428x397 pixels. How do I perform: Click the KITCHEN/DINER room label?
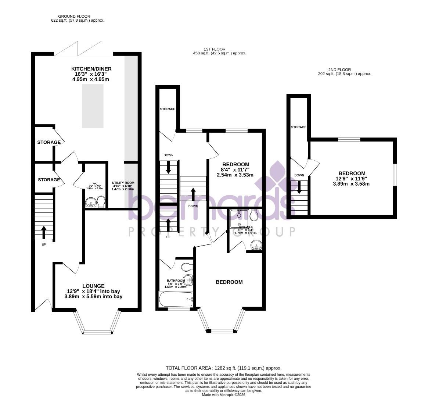coord(91,69)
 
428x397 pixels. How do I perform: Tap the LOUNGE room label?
coord(93,286)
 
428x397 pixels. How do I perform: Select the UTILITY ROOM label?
coord(123,183)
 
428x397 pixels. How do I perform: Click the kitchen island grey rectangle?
coord(93,106)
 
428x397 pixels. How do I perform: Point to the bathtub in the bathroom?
coord(176,299)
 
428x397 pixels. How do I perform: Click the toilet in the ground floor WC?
coord(101,201)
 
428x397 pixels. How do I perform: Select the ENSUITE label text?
coord(246,227)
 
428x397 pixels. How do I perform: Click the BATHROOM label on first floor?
coord(175,280)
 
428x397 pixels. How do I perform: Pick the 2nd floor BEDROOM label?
coord(352,174)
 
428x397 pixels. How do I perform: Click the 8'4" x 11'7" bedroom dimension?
coord(235,170)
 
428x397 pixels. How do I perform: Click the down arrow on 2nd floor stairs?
coord(299,187)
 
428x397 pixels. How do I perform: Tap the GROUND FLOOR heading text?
coord(74,16)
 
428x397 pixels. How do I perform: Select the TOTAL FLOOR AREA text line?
coord(223,368)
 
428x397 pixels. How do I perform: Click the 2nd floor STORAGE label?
coord(299,127)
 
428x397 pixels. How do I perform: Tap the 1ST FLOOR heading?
coord(214,49)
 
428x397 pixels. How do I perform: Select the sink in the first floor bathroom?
coord(188,280)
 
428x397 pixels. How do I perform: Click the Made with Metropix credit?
coord(223,395)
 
